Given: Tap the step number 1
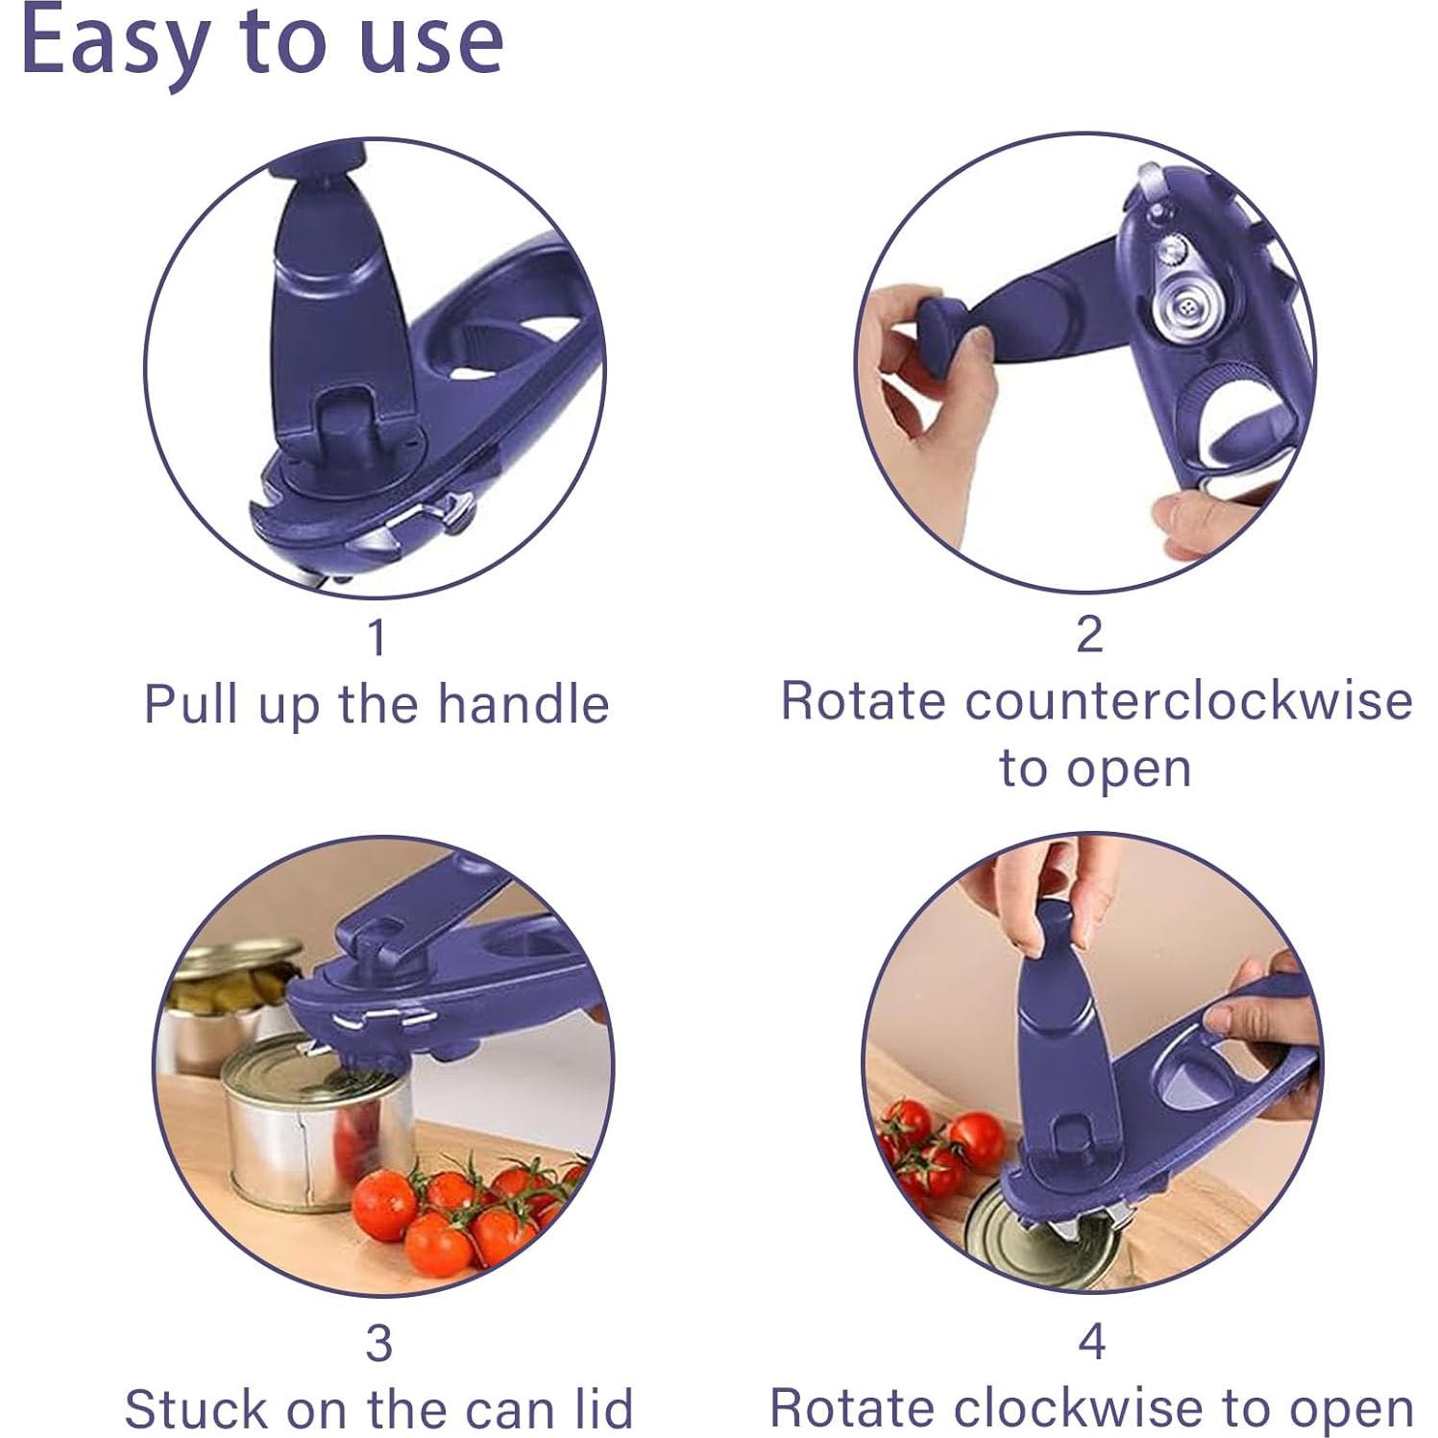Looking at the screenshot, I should [x=378, y=637].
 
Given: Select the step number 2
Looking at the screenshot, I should [x=1089, y=635].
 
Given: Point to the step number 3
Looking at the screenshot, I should [x=378, y=1343].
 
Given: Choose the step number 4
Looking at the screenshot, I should [x=1092, y=1341].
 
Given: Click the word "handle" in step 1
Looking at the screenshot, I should [x=523, y=705].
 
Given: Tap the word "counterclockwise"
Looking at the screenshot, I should [x=1188, y=701].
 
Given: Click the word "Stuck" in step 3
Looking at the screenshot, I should [x=196, y=1410].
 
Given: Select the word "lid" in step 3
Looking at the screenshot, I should [x=602, y=1410].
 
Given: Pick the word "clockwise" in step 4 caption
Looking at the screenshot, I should [x=1079, y=1408].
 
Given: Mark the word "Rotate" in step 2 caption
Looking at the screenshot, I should [x=865, y=701].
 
